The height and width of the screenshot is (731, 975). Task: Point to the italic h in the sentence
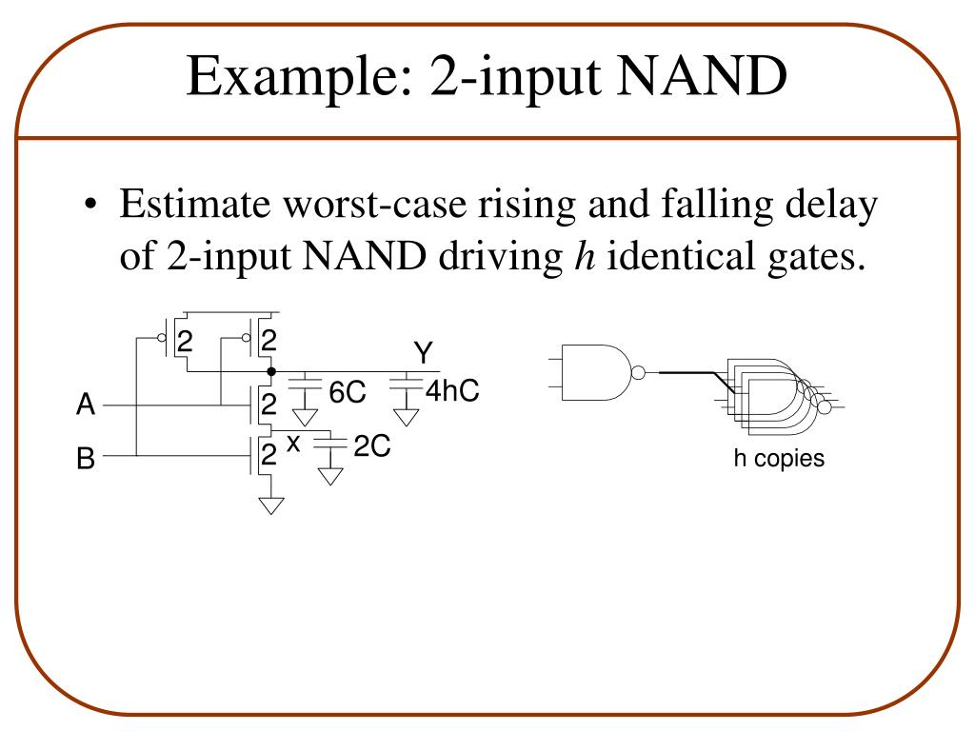[x=581, y=257]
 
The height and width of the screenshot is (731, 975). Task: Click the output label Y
[x=423, y=354]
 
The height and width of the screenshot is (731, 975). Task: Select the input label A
[x=86, y=406]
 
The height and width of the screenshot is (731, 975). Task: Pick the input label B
[x=86, y=460]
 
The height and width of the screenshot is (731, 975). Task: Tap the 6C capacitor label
[x=348, y=392]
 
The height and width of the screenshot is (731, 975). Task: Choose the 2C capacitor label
[x=371, y=446]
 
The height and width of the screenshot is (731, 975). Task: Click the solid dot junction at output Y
[x=271, y=371]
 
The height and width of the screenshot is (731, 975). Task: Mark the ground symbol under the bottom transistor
[x=271, y=505]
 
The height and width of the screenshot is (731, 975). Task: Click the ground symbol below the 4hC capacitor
[x=407, y=416]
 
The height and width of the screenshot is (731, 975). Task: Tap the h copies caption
[x=778, y=459]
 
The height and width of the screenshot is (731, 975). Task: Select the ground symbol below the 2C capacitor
[x=330, y=475]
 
